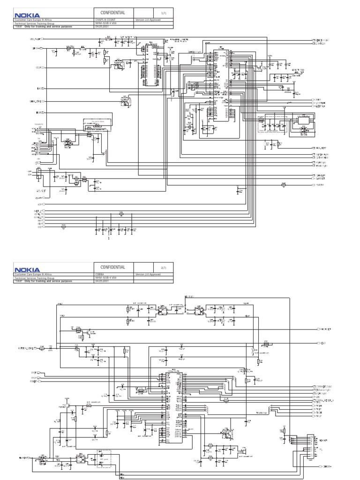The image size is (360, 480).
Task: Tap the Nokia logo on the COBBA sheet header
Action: [x=27, y=270]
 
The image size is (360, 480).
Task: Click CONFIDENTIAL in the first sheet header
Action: [x=113, y=13]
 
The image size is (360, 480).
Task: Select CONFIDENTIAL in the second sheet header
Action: [x=113, y=267]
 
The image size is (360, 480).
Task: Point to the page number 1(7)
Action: [x=163, y=13]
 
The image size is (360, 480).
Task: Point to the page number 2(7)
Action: [x=163, y=267]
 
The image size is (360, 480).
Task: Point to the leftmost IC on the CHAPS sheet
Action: [x=151, y=63]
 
